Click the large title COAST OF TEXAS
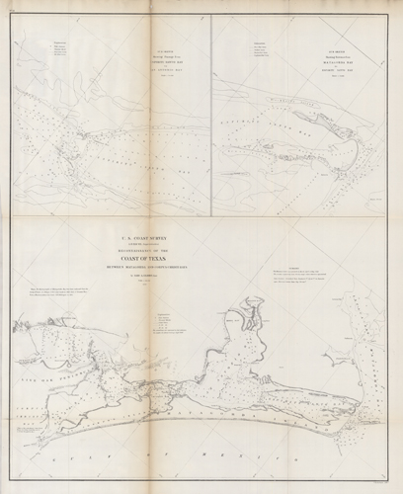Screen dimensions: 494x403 (161, 257)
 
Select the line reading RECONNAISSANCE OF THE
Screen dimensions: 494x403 (161, 248)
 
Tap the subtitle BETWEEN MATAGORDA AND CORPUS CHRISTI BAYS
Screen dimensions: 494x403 (161, 265)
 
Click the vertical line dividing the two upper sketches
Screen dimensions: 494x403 (211, 119)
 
